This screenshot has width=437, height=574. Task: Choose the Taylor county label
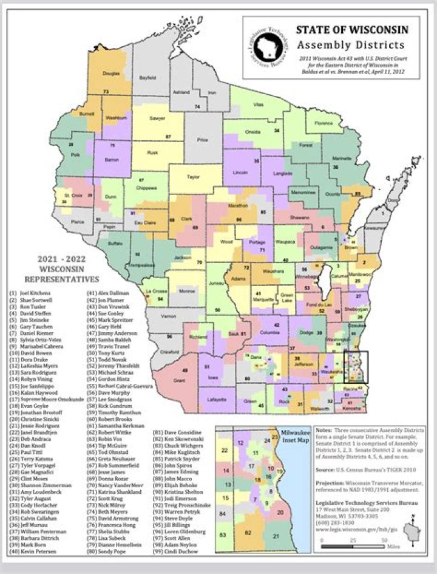(x=193, y=177)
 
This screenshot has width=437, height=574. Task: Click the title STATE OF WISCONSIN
(x=351, y=30)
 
